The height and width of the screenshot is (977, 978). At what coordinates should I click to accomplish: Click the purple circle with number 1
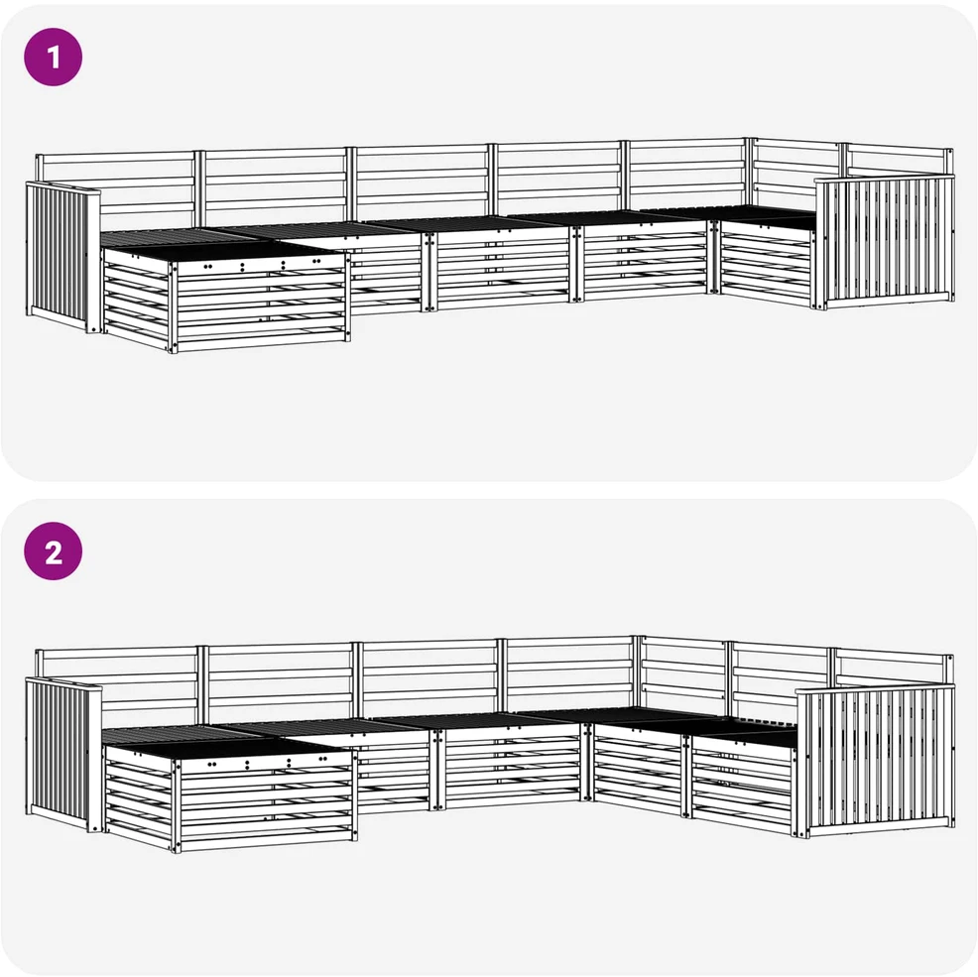coord(53,57)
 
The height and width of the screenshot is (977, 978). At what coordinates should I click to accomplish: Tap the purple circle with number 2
coord(53,551)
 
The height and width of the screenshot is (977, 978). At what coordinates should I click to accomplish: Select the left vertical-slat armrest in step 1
coord(63,256)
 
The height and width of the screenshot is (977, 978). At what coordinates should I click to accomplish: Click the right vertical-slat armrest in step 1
coord(885,242)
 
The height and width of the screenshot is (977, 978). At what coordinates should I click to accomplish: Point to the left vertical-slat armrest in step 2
coord(63,755)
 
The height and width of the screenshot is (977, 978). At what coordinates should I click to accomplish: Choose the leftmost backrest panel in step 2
coord(117,686)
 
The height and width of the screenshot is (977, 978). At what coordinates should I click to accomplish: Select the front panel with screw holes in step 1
coord(260,303)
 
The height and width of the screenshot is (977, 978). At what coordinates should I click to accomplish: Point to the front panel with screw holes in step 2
coord(267,801)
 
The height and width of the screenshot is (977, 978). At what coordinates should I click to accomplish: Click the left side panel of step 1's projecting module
coord(137,299)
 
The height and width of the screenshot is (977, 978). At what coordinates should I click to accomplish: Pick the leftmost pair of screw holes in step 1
coord(207,267)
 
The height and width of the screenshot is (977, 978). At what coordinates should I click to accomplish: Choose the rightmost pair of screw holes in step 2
coord(323,759)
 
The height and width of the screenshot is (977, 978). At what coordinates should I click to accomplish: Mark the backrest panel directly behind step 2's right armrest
coord(893,669)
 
